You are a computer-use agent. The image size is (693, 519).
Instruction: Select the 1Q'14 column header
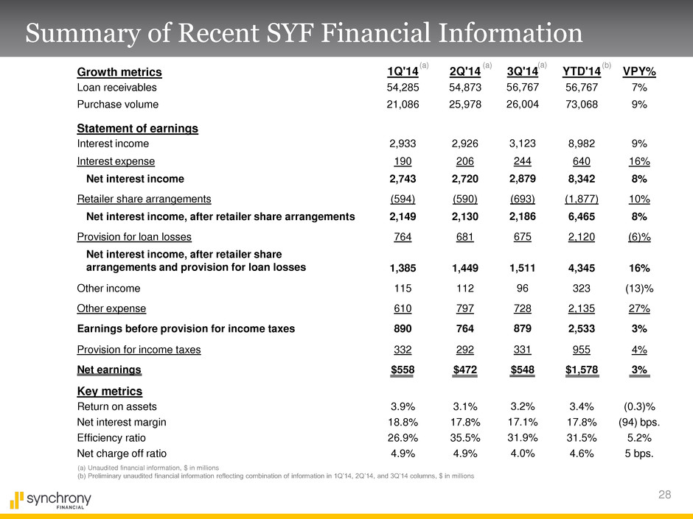403,72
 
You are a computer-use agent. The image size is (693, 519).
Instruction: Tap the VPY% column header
640,72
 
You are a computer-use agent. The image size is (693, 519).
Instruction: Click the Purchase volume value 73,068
580,105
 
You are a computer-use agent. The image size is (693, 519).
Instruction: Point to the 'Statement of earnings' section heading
137,129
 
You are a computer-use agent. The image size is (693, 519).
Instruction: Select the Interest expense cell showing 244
523,161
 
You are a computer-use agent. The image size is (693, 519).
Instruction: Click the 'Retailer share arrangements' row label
144,199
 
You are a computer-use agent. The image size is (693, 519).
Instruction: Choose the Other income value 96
523,289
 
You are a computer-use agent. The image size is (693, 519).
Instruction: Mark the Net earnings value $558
403,370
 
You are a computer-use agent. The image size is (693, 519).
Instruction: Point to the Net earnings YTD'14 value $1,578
580,370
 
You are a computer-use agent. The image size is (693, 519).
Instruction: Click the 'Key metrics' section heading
110,391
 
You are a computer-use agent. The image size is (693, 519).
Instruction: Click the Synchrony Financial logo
50,500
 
